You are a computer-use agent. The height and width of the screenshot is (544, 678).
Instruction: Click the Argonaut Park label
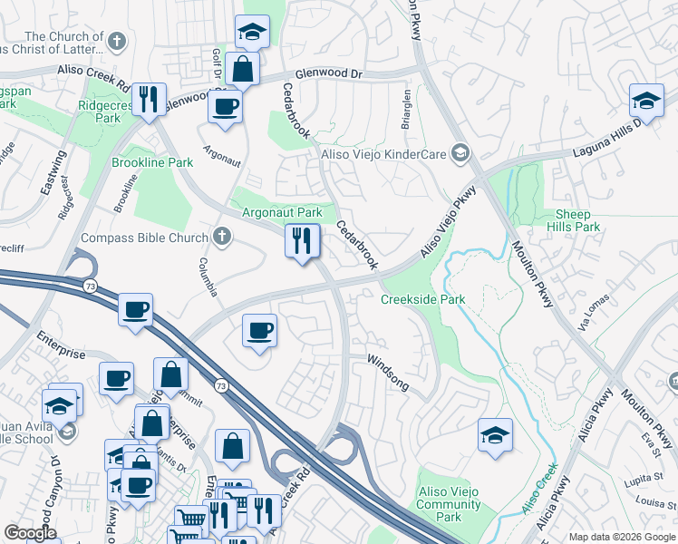(282, 212)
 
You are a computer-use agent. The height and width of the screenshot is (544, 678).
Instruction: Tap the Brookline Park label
(152, 162)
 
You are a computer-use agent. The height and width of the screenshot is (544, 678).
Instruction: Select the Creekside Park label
(422, 299)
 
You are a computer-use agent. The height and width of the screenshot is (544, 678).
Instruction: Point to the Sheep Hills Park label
(574, 220)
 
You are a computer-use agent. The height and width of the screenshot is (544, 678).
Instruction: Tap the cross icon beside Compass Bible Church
(222, 238)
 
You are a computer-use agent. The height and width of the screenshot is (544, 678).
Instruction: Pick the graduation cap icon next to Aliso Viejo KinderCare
(461, 154)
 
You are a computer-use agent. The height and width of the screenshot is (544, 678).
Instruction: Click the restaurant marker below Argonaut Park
(301, 241)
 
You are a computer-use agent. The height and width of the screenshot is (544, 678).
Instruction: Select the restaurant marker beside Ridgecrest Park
(147, 100)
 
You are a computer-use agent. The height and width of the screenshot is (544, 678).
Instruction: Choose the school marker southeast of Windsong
(495, 434)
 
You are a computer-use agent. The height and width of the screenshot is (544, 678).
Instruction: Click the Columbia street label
(208, 277)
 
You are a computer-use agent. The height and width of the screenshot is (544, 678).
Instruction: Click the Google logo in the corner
(31, 533)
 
